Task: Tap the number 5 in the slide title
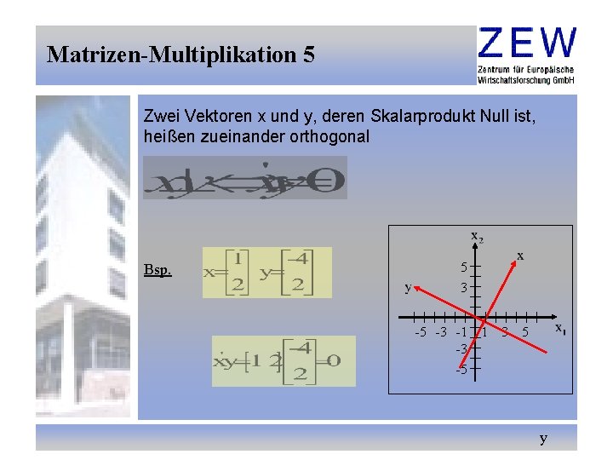point(308,55)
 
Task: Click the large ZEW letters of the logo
point(527,42)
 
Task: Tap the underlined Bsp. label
point(158,271)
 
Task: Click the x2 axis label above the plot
point(478,237)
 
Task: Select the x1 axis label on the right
point(560,328)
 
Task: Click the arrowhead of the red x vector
point(513,264)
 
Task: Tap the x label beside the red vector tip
point(520,255)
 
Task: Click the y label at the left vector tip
point(408,288)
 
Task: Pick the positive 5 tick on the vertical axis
point(464,266)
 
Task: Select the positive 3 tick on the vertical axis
point(464,288)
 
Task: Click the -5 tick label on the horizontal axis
point(421,331)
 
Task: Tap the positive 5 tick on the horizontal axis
point(525,331)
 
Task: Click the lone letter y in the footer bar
point(543,439)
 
